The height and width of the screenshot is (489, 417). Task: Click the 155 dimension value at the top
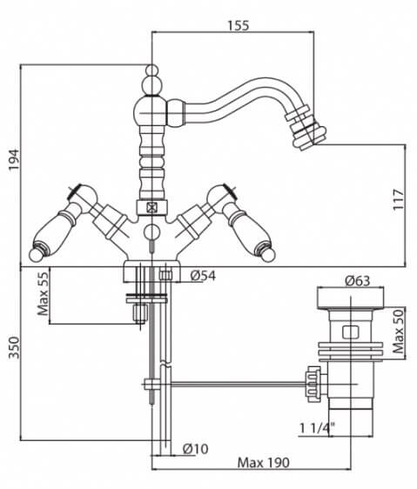point(239,25)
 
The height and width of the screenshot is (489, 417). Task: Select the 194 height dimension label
point(14,160)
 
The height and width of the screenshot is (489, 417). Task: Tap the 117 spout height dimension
point(399,199)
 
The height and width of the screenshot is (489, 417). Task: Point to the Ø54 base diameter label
point(203,276)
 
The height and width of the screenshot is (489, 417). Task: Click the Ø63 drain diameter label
point(358,281)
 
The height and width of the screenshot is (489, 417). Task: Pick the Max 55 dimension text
point(43,293)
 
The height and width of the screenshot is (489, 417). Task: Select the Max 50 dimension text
point(398,332)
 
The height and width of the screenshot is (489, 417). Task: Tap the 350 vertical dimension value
point(14,347)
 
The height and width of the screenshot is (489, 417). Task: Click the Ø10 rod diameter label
point(195,449)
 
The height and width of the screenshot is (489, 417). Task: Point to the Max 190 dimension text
point(264,463)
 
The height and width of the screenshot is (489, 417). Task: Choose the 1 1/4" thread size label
point(317,428)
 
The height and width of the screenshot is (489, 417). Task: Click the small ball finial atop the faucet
point(152,70)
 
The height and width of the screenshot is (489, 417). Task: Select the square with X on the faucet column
point(152,207)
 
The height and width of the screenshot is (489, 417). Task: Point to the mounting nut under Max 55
point(139,313)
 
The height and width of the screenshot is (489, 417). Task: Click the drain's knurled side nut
point(313,383)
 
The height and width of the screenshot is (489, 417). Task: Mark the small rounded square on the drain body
point(351,332)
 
